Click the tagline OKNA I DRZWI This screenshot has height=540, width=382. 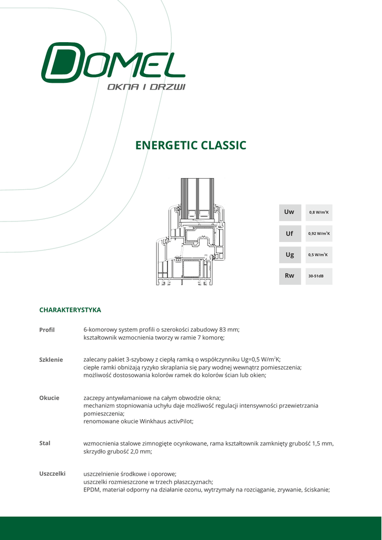coord(146,86)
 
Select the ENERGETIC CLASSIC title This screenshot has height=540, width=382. coord(191,145)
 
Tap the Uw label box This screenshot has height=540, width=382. coord(290,213)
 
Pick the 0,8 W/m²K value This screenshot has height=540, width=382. coord(319,213)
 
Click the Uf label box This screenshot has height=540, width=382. coord(290,234)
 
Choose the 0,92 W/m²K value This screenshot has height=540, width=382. coord(319,234)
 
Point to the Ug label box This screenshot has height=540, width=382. coord(290,255)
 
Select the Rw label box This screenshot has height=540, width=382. coord(290,276)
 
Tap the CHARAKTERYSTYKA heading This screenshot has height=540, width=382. coord(70,310)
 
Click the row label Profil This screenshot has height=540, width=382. coord(47,330)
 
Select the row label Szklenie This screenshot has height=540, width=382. coord(51,360)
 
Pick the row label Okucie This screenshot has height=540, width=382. coord(49,398)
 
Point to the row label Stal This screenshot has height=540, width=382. coord(45,443)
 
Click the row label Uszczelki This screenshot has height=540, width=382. coord(52,474)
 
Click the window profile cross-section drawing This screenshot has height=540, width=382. coord(190,232)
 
